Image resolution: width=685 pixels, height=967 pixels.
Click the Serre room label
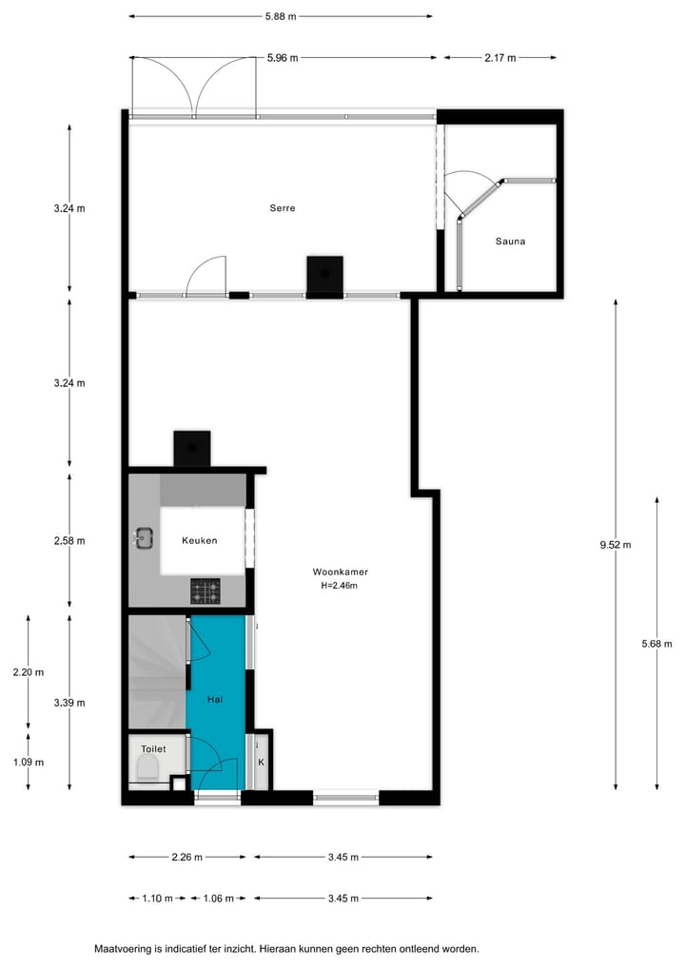tap(282, 207)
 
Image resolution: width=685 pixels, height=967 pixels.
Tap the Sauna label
tap(510, 242)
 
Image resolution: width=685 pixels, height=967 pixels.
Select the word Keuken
tap(200, 541)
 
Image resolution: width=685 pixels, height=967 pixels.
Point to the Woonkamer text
tap(340, 572)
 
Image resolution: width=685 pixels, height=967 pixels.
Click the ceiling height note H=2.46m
tap(340, 586)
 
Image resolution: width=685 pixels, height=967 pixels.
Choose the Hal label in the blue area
tap(217, 699)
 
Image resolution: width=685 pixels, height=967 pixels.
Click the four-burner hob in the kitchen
tap(205, 592)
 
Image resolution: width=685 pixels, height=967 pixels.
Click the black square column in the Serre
tap(324, 275)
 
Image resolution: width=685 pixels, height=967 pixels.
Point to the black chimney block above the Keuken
tap(191, 449)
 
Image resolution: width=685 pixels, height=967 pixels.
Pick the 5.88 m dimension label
tap(280, 16)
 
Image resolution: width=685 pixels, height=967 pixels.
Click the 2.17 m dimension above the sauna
tap(499, 58)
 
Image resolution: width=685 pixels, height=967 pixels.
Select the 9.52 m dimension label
tap(615, 545)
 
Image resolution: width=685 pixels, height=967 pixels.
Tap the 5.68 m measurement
tap(656, 644)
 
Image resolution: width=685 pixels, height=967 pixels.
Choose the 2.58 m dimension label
tap(69, 541)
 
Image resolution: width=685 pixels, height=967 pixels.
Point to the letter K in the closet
tap(260, 762)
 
